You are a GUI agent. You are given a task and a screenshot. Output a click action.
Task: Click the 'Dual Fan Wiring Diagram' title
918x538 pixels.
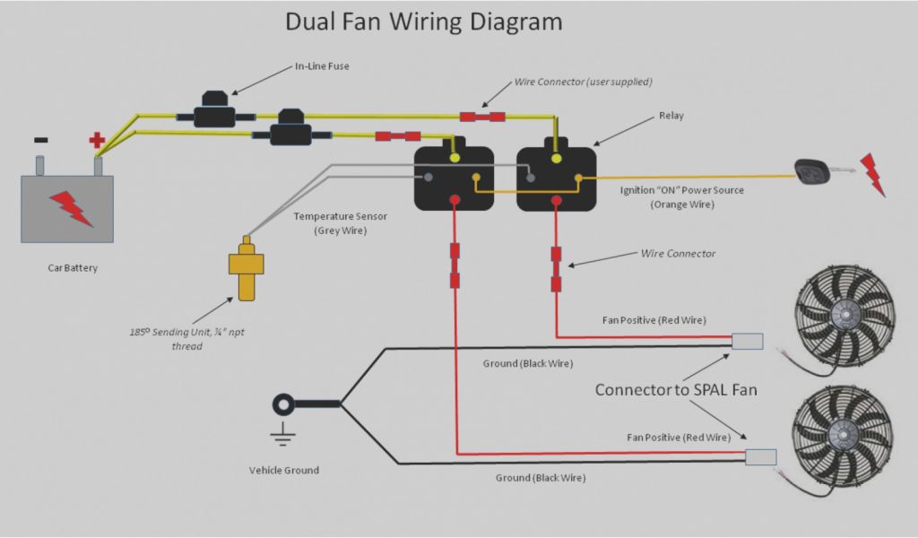(x=423, y=22)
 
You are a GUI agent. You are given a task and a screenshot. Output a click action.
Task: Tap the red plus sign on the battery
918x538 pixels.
(x=97, y=140)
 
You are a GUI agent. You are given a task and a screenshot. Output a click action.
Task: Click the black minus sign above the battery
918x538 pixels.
(x=41, y=140)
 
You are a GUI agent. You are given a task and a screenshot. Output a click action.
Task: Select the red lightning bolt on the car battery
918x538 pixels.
(x=71, y=208)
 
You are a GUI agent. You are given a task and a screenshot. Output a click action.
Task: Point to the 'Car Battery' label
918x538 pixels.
(x=72, y=267)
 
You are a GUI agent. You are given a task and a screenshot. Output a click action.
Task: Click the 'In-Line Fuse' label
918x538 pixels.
(x=322, y=66)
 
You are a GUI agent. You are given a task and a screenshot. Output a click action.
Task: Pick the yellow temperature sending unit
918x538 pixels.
(x=246, y=268)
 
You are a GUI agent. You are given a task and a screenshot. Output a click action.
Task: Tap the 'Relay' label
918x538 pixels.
(x=671, y=116)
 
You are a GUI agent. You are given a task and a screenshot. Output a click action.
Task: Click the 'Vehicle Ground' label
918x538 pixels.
(x=283, y=470)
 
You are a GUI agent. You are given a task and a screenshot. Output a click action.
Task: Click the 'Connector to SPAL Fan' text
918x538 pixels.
(x=676, y=390)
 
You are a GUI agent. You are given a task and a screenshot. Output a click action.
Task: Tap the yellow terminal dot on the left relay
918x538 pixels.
(x=455, y=158)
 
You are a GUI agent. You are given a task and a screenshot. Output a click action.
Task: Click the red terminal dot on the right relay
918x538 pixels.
(x=557, y=199)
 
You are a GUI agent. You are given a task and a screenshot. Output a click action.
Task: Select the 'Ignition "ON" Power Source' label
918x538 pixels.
(x=682, y=190)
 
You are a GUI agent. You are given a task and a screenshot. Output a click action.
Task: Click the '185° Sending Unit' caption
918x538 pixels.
(x=186, y=333)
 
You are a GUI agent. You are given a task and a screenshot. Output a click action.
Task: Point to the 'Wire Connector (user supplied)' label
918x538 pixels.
(x=583, y=82)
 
